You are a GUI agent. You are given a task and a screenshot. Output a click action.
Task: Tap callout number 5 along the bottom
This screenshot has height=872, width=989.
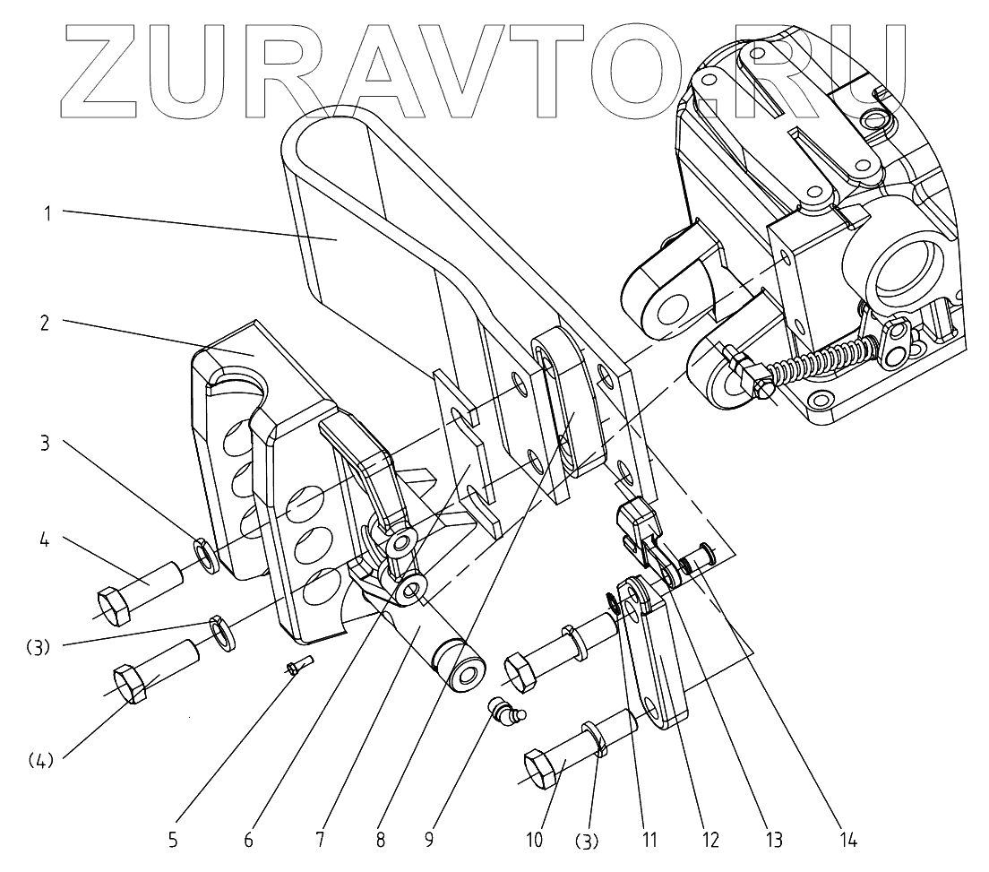click(x=173, y=840)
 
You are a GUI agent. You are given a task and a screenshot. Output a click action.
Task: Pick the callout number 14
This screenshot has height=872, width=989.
click(x=847, y=840)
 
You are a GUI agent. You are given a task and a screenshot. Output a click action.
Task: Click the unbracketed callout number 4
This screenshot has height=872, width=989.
click(x=45, y=540)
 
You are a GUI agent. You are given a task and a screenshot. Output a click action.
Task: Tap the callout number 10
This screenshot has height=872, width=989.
click(x=535, y=840)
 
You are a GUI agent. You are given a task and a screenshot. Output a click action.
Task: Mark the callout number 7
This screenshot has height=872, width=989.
click(x=320, y=840)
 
